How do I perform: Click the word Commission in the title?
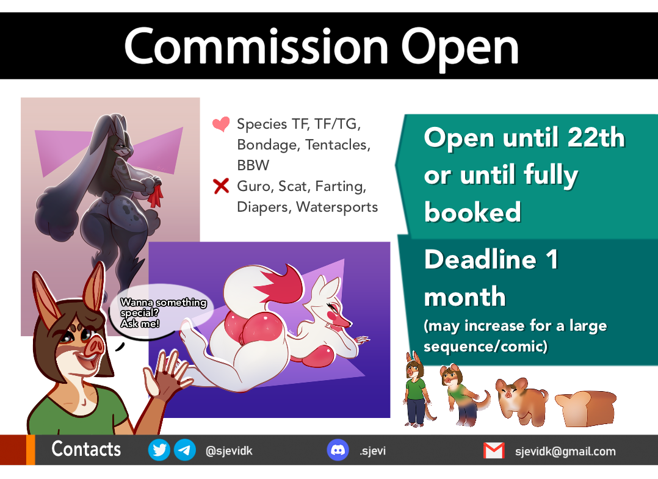click(256, 46)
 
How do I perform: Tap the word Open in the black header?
click(460, 49)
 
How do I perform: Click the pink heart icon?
click(221, 124)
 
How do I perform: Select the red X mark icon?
click(221, 186)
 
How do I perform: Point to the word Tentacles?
click(338, 145)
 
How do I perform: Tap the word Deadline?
click(480, 259)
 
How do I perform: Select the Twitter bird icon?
click(159, 450)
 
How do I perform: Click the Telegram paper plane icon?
click(184, 450)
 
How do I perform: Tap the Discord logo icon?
click(338, 450)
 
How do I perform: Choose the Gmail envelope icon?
click(494, 450)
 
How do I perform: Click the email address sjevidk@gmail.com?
click(565, 452)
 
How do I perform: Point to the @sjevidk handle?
click(229, 451)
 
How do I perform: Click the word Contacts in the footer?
click(86, 449)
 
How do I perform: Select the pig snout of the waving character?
click(94, 347)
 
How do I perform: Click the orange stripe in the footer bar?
click(31, 450)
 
